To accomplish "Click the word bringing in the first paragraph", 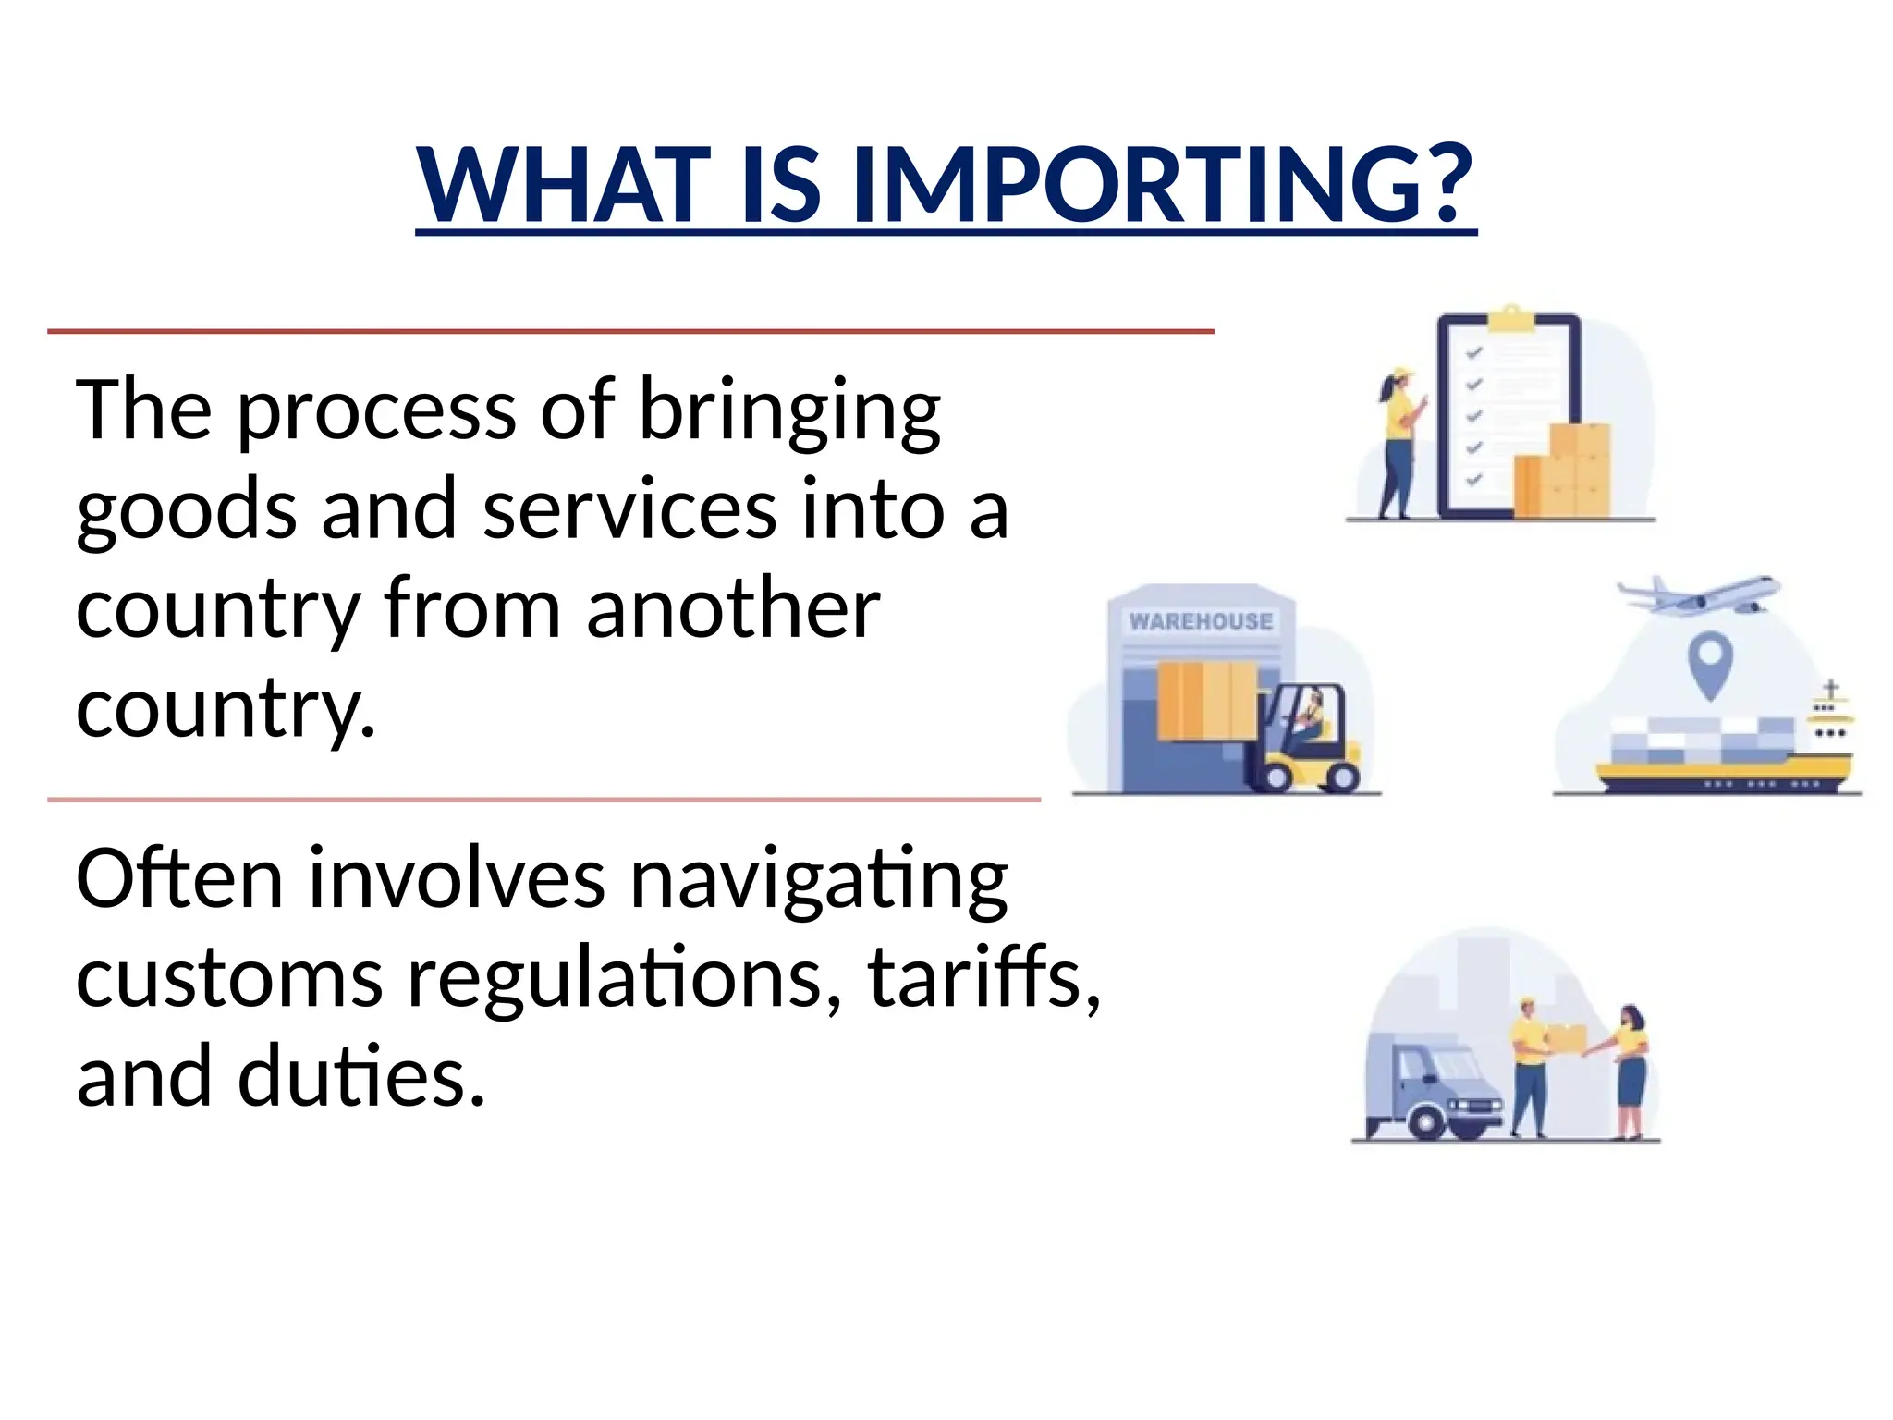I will pos(789,411).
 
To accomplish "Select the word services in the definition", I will pos(629,510).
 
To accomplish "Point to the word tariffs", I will pos(983,978).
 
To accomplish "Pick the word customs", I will pos(229,978).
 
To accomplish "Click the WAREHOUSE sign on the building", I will pos(1201,621).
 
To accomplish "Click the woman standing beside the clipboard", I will pos(1398,444).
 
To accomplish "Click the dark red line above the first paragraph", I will pos(630,330).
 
